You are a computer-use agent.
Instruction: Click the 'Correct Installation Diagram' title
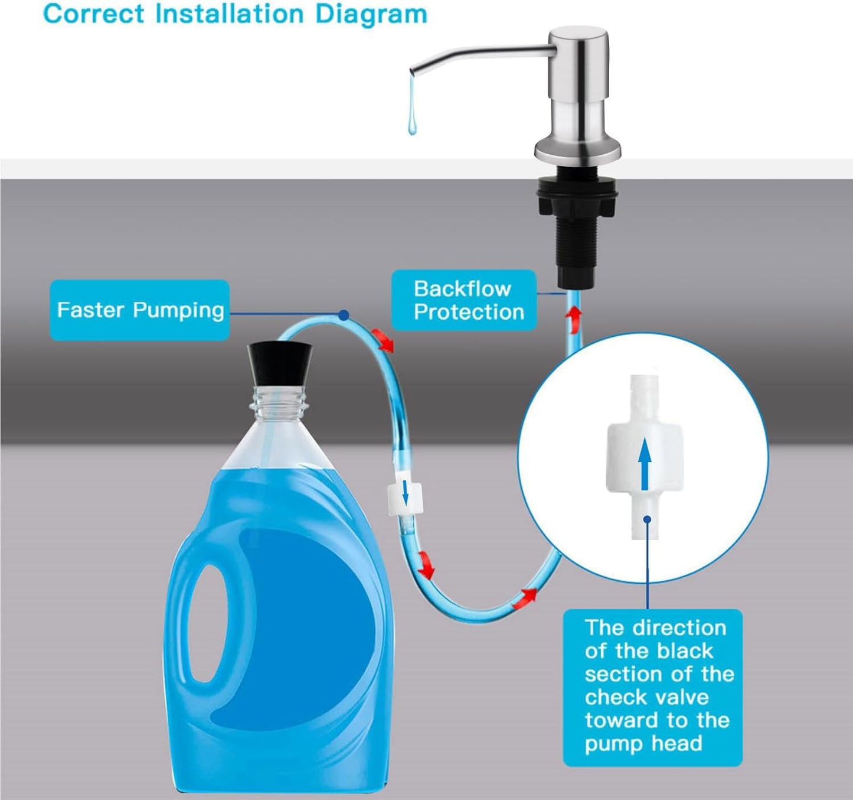pos(235,14)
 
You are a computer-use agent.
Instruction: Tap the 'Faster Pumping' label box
pos(139,310)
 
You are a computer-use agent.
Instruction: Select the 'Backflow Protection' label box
pos(465,300)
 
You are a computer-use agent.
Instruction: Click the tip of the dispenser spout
pos(413,71)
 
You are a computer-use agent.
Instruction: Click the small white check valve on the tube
pos(404,497)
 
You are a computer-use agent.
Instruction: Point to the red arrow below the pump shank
pos(571,315)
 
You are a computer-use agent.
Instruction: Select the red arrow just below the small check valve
pos(426,565)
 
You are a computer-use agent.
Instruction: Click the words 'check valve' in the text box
pos(646,697)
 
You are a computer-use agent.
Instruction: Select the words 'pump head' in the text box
pos(643,743)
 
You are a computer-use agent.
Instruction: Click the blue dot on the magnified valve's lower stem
pos(647,519)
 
